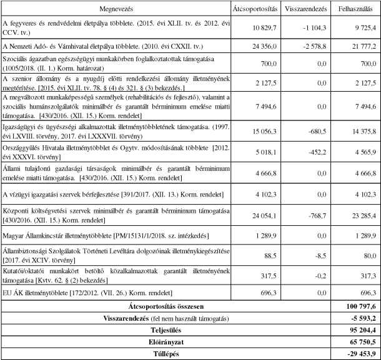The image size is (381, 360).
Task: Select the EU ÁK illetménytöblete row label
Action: [88, 292]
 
